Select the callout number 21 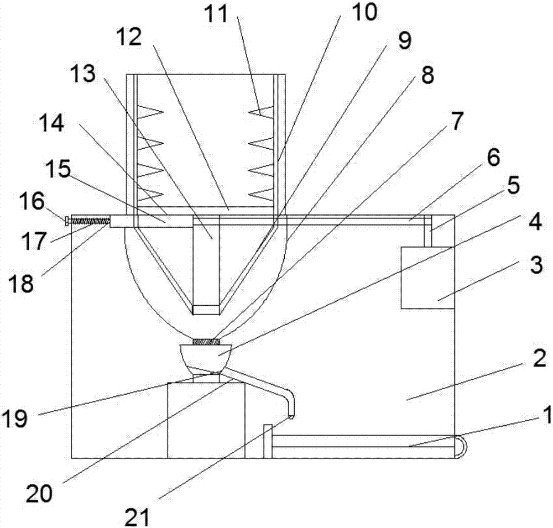137,517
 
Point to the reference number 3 536,265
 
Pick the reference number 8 427,75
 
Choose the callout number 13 83,75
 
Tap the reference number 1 546,415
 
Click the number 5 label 513,185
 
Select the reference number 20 39,493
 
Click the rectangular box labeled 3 427,278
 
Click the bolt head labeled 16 67,221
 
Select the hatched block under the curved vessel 206,342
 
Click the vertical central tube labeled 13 206,264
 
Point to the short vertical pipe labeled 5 428,231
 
